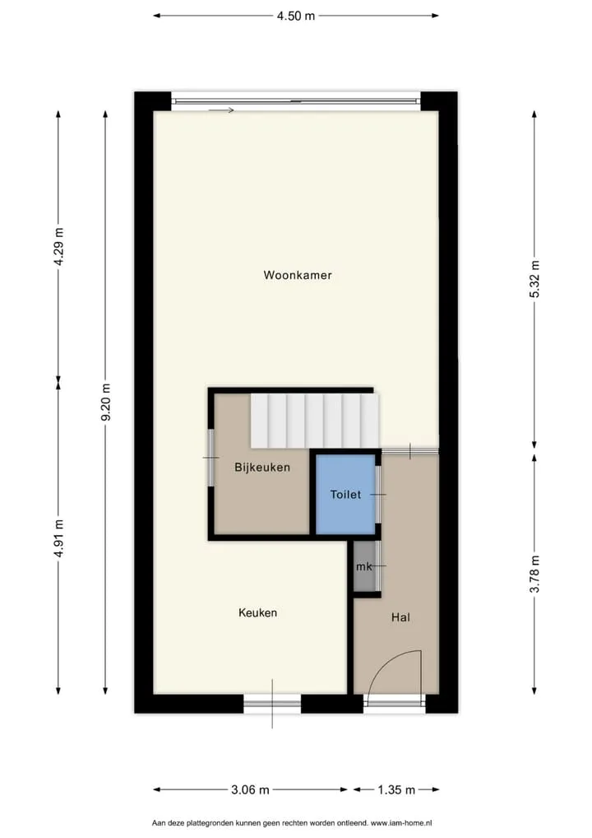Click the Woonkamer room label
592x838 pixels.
point(298,275)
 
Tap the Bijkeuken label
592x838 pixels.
point(262,468)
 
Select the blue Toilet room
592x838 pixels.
point(345,495)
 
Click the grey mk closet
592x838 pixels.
point(364,566)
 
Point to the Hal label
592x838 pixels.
point(400,617)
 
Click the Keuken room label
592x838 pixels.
point(258,613)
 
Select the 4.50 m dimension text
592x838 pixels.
point(296,16)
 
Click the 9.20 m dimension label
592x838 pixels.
point(106,402)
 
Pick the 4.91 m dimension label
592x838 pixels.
point(59,538)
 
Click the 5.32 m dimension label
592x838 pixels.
point(535,279)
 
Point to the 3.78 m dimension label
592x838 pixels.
point(535,574)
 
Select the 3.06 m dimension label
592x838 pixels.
point(250,789)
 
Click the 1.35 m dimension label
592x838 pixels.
point(396,789)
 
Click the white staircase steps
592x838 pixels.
point(315,421)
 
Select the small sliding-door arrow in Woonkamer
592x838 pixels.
point(221,110)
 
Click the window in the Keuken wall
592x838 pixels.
point(272,703)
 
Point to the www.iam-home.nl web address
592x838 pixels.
point(401,823)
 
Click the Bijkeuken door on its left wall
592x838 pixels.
point(210,458)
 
